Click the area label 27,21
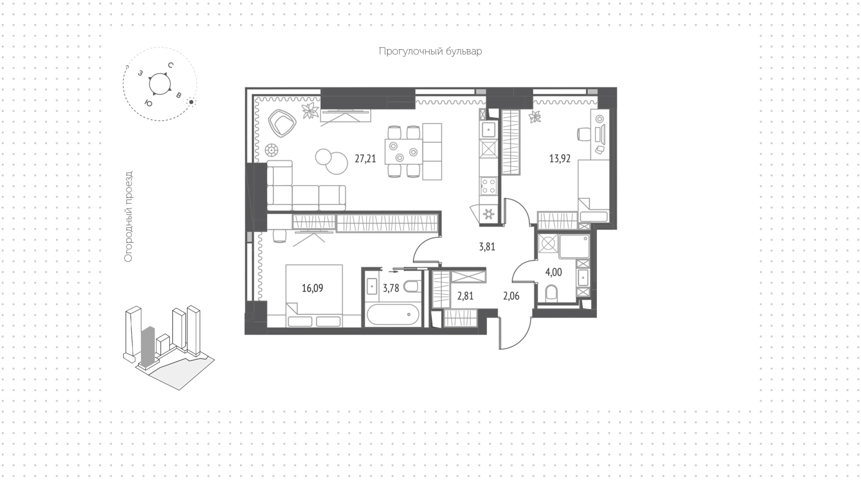[x=365, y=159]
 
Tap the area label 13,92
[x=560, y=159]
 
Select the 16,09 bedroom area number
[x=312, y=288]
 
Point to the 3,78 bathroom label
[x=391, y=288]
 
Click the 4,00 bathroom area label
[x=553, y=272]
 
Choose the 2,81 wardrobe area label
[x=465, y=296]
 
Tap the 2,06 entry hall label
[x=511, y=296]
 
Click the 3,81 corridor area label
[x=487, y=247]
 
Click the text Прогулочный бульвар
[x=430, y=52]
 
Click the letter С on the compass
[x=170, y=65]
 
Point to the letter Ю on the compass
[x=148, y=103]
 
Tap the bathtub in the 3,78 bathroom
[x=393, y=315]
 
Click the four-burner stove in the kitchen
[x=488, y=186]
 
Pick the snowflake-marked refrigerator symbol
[x=488, y=215]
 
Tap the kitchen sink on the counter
[x=488, y=129]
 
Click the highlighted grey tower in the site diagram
[x=148, y=347]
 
